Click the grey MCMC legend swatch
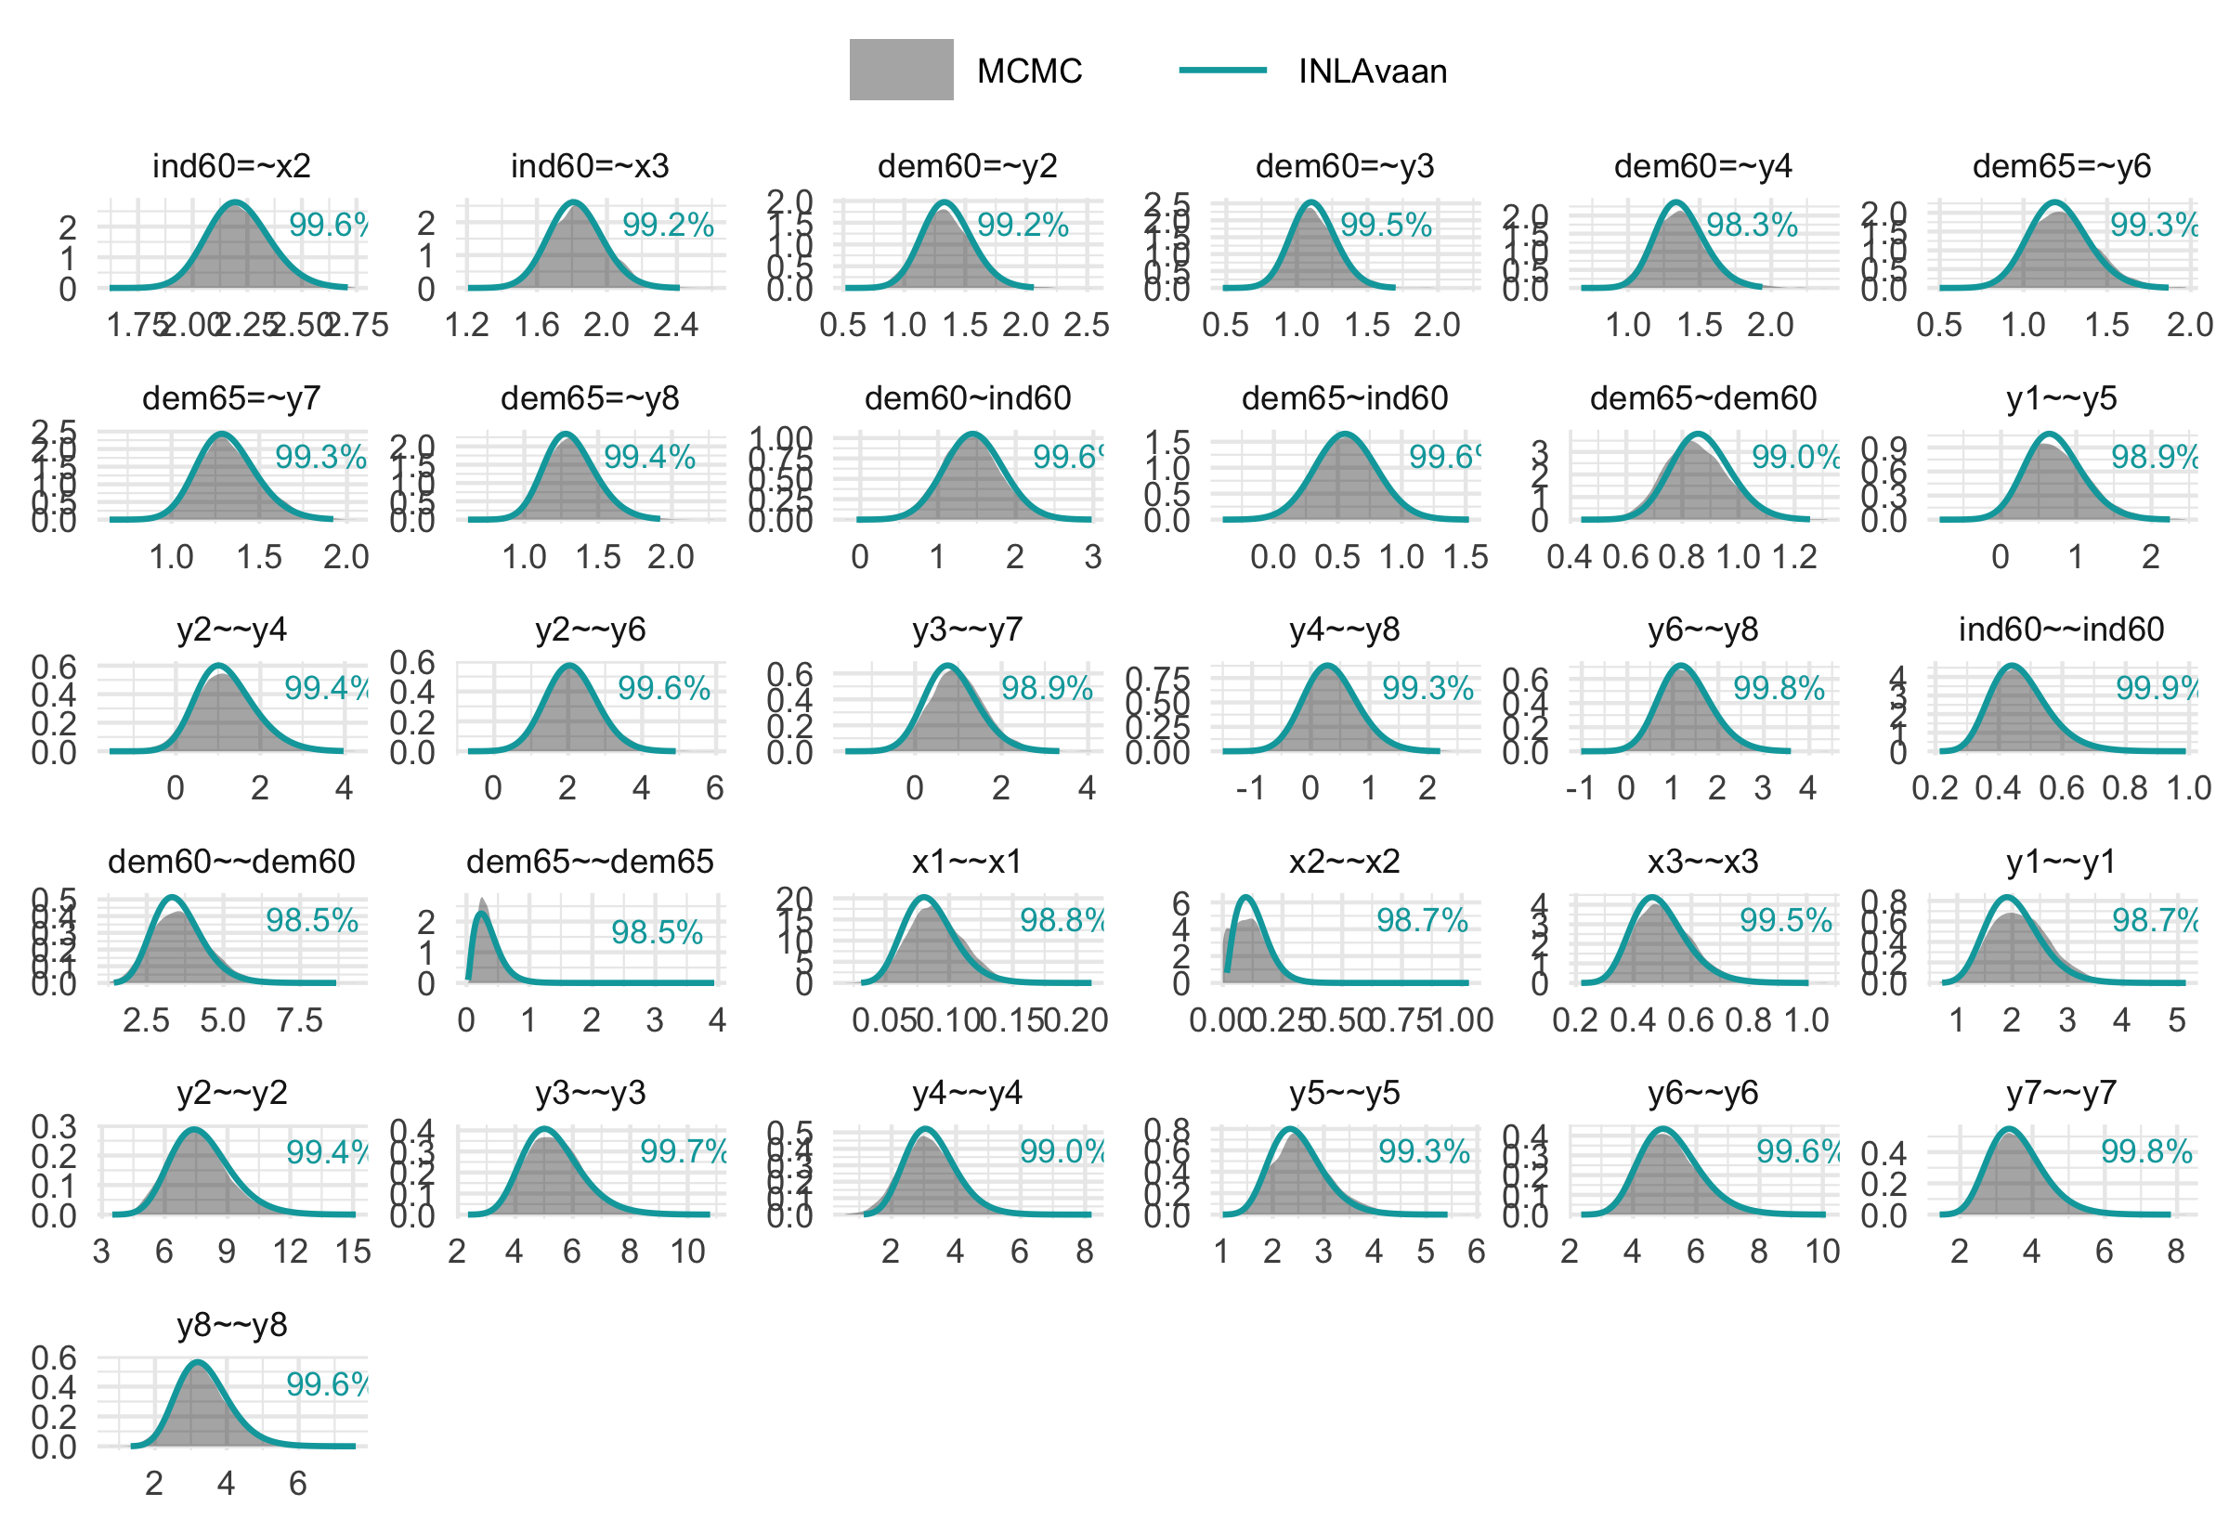(x=901, y=69)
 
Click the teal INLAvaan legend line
(x=1222, y=69)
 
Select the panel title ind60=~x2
(x=231, y=166)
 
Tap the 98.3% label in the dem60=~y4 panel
(x=1751, y=225)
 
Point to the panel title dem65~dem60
(x=1703, y=397)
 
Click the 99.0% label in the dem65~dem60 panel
(x=1794, y=457)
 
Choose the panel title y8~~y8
(x=231, y=1325)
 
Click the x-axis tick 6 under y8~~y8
(x=297, y=1484)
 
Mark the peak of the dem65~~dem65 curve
(x=482, y=912)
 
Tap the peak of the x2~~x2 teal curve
(x=1245, y=898)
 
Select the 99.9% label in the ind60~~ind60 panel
(x=2156, y=688)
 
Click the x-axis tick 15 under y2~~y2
(x=352, y=1252)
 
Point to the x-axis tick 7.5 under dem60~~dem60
(x=299, y=1019)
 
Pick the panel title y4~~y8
(x=1344, y=630)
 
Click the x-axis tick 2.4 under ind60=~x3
(x=676, y=325)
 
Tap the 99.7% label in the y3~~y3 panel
(x=683, y=1152)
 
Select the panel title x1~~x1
(x=967, y=861)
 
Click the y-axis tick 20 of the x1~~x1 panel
(x=794, y=899)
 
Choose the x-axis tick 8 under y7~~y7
(x=2175, y=1252)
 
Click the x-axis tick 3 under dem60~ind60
(x=1092, y=557)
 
